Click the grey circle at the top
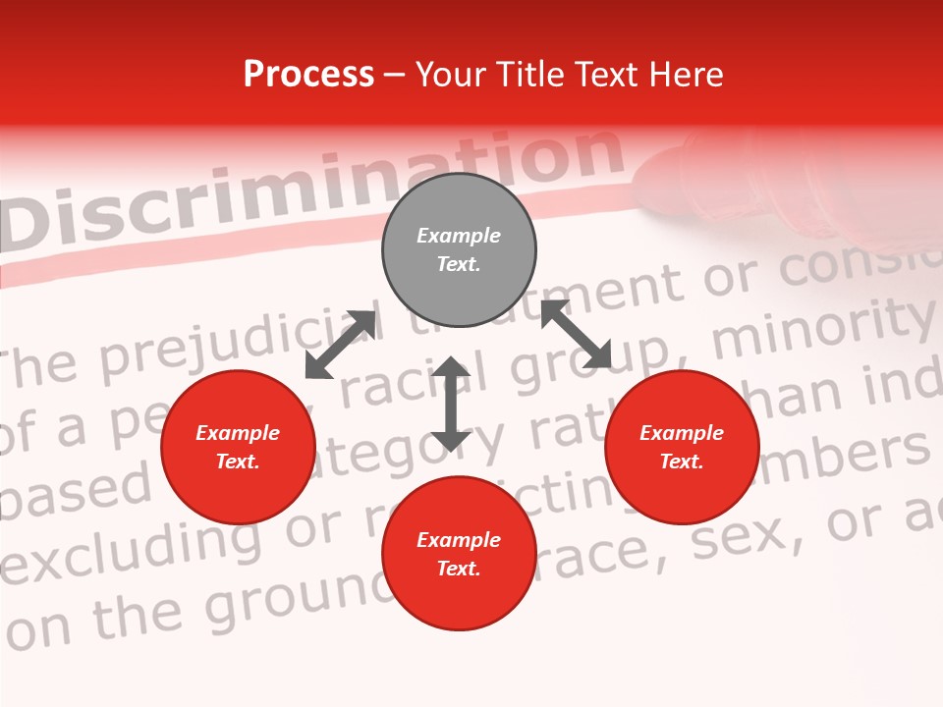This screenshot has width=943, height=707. coord(459,250)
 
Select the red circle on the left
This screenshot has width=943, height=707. coord(238,447)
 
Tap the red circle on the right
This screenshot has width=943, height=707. coord(682,447)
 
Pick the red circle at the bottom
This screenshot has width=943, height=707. coord(459,554)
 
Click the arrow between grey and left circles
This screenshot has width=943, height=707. coord(340,345)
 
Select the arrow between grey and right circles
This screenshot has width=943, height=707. coord(577,334)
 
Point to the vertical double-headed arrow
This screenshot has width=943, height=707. coord(451,404)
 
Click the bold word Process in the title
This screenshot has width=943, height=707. coord(308,75)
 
